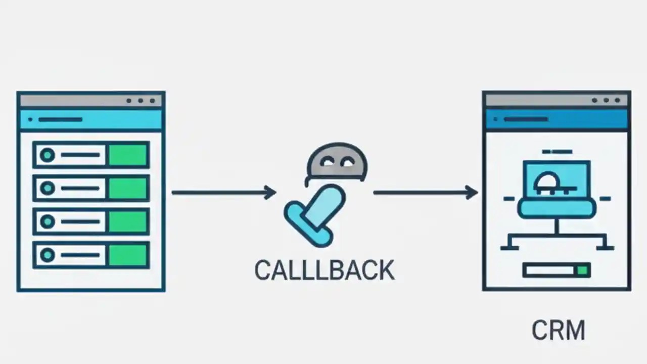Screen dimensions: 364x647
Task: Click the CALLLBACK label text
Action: (324, 270)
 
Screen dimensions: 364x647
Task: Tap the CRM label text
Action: (558, 331)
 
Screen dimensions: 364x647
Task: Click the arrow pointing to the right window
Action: (425, 192)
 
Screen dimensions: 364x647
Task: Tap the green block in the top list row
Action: (128, 155)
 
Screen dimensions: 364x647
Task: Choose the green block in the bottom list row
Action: (128, 254)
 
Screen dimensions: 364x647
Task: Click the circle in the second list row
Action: (48, 188)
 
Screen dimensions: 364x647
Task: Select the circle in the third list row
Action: (48, 221)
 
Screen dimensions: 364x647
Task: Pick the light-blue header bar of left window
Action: (91, 120)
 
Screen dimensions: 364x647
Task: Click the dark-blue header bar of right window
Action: (557, 120)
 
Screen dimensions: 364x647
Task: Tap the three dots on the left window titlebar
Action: (141, 101)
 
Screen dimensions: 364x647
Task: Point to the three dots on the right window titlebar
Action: (606, 101)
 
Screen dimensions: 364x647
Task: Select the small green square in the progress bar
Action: (583, 270)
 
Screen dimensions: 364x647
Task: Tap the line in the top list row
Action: (80, 155)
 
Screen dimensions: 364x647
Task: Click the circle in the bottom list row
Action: (48, 254)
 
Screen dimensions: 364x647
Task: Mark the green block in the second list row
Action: (128, 188)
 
